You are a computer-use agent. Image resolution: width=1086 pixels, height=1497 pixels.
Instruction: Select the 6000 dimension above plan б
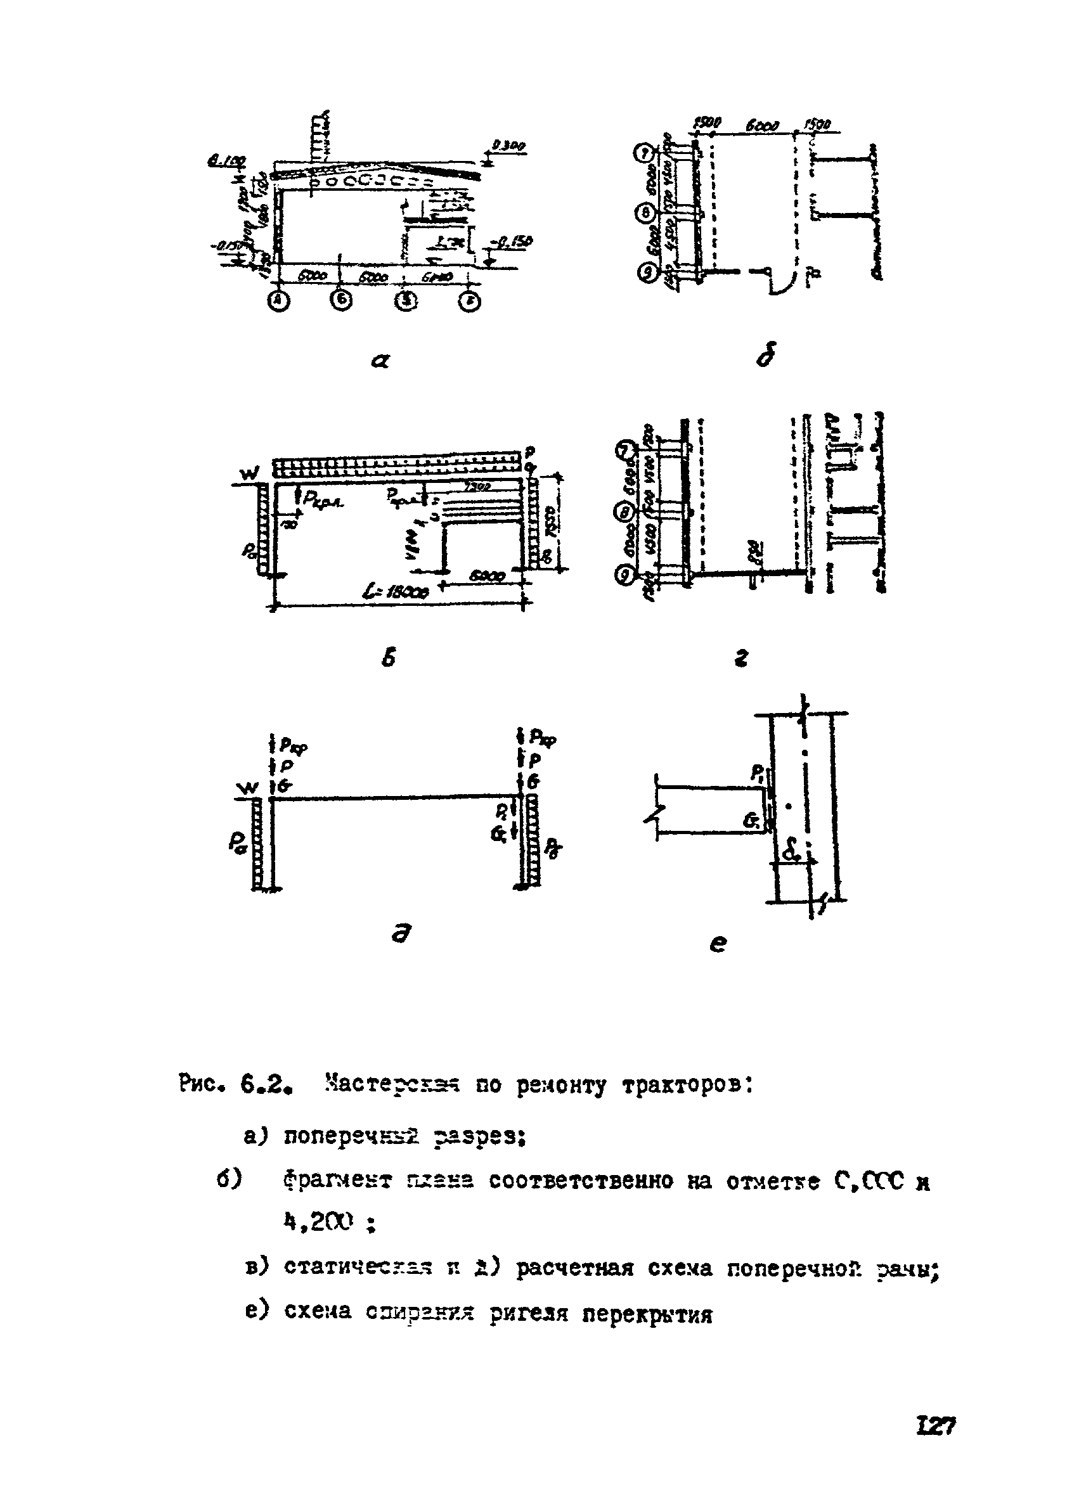click(x=762, y=125)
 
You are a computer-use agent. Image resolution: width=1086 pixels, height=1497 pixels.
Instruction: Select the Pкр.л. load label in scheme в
click(x=323, y=501)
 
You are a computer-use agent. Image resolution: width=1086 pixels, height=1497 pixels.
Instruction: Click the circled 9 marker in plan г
click(x=624, y=575)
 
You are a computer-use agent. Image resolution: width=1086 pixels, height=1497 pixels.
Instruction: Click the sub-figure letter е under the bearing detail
click(x=718, y=944)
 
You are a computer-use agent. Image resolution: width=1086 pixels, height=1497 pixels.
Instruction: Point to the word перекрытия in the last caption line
click(x=647, y=1315)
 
